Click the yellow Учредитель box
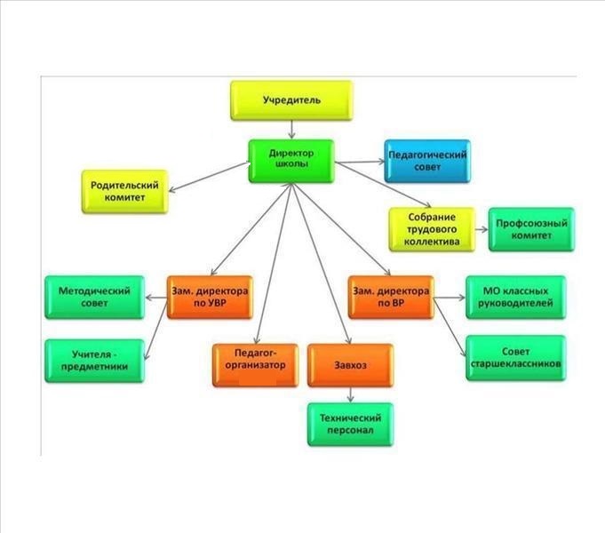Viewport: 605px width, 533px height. coord(291,100)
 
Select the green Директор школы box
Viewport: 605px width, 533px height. coord(291,161)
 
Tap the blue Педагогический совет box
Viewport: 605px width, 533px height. coord(427,161)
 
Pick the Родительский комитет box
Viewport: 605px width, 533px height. coord(125,191)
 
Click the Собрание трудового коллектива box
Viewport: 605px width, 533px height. coord(432,229)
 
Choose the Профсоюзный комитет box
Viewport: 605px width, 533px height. coord(531,229)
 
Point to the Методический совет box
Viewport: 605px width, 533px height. coord(94,298)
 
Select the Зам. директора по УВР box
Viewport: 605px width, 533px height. coord(210,298)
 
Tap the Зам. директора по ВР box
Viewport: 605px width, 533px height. coord(391,298)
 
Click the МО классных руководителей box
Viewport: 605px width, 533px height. coord(516,298)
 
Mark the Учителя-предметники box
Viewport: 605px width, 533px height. coord(94,361)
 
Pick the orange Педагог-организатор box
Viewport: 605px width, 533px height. coord(256,365)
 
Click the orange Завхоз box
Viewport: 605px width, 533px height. coord(350,365)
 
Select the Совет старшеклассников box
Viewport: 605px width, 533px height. coord(516,358)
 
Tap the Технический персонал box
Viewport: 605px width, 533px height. coord(350,425)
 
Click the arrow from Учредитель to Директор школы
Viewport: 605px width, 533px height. coord(291,130)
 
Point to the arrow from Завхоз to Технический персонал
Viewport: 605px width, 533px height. coord(350,394)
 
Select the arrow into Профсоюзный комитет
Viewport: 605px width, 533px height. coord(482,229)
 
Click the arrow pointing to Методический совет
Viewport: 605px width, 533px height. coord(155,298)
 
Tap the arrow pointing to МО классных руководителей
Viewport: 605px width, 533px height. coord(450,298)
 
